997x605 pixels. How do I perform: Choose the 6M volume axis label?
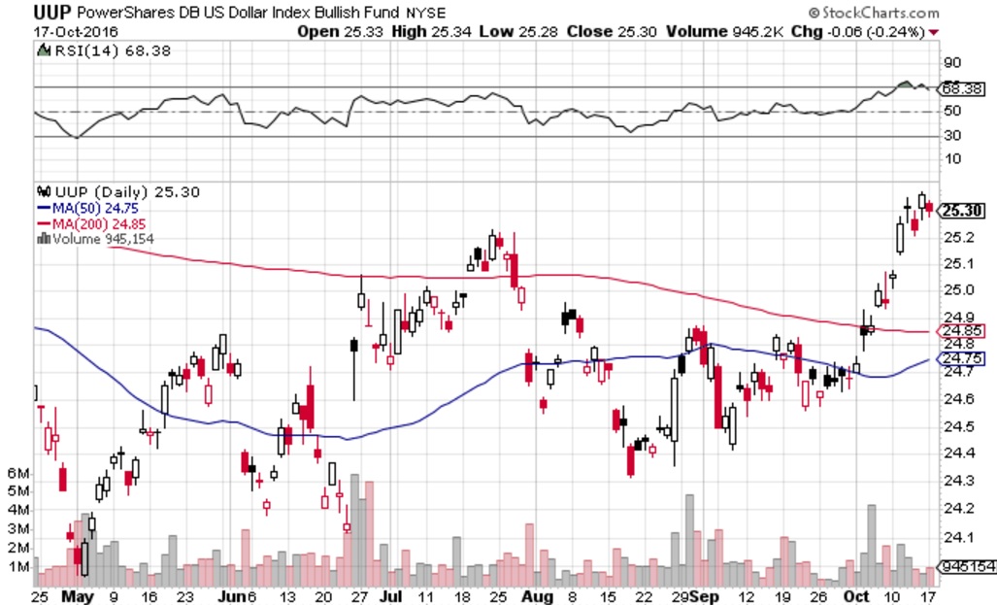tap(17, 472)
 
